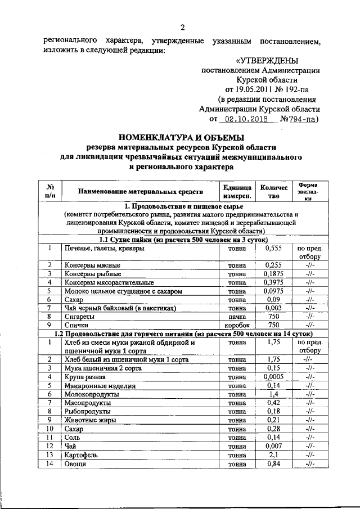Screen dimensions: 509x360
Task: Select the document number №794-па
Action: click(300, 119)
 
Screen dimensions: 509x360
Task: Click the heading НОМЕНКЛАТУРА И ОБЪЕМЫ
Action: click(181, 137)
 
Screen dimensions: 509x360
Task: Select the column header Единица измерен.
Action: click(233, 191)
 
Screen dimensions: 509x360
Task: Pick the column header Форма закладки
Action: click(308, 191)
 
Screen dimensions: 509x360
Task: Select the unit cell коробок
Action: click(234, 326)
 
